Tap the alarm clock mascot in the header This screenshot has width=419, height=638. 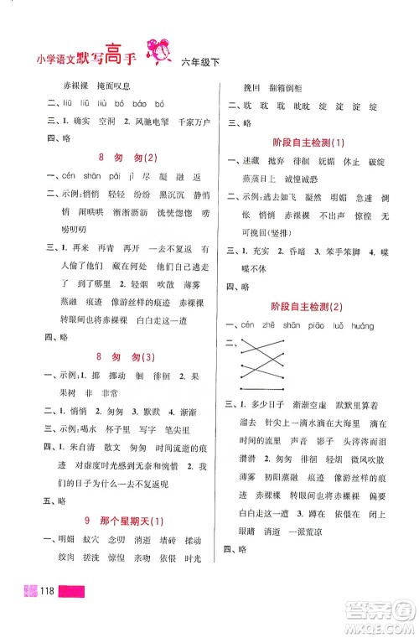click(x=158, y=53)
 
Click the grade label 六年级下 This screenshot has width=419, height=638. click(x=199, y=60)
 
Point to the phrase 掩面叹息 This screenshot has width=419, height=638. click(x=127, y=86)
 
